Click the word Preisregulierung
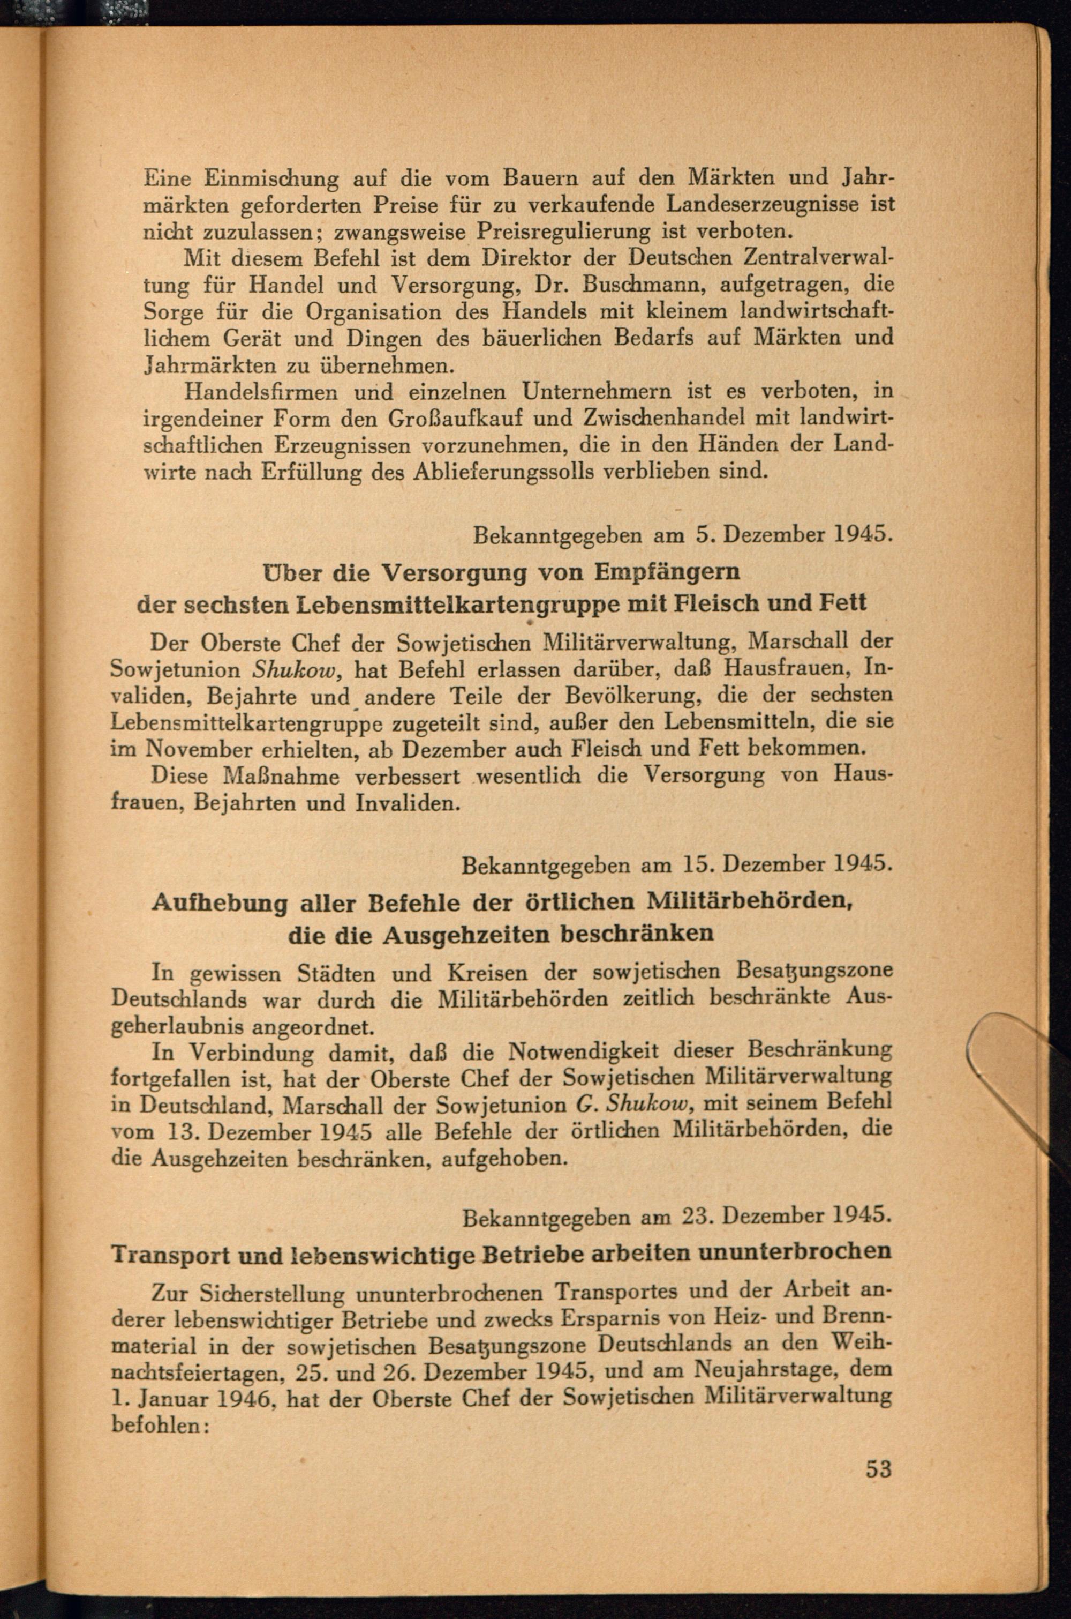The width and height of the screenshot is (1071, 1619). point(564,232)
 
